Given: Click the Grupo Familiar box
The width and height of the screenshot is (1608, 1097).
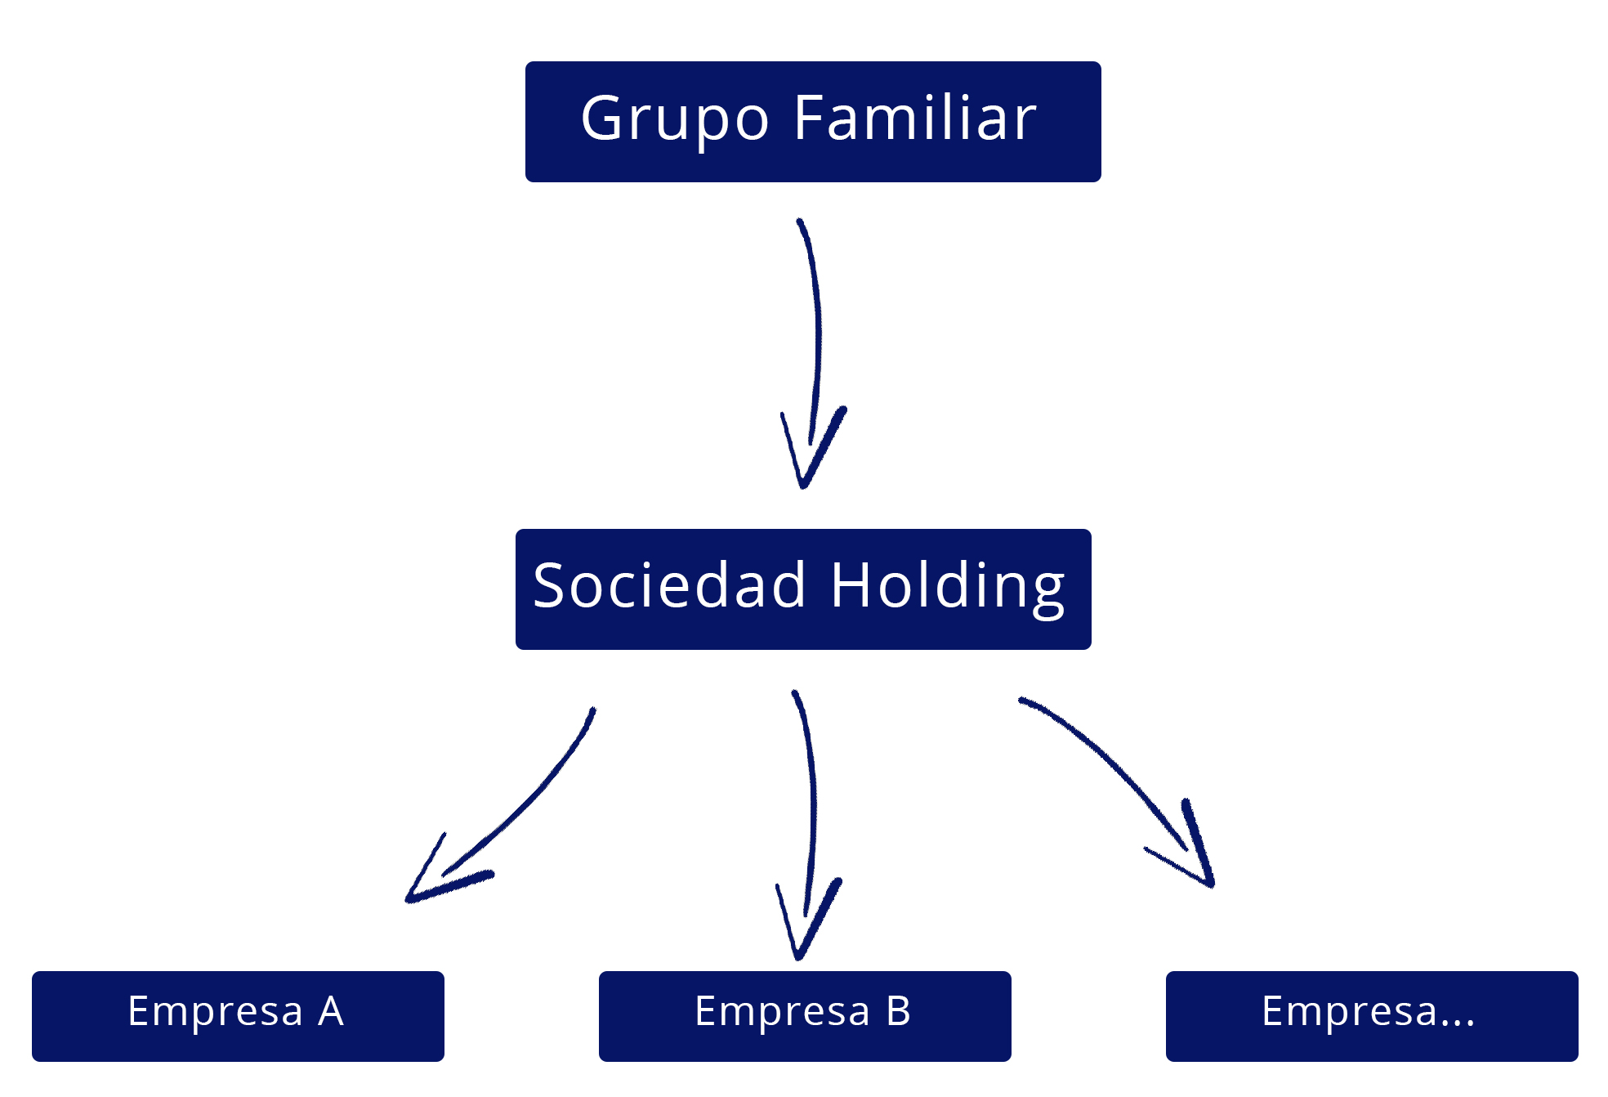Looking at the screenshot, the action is tap(813, 122).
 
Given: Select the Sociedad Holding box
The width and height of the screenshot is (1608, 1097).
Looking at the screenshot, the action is tap(803, 589).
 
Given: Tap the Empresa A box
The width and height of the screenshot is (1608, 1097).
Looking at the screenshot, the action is tap(238, 1016).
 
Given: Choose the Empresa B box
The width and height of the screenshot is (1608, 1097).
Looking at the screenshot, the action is tap(805, 1016).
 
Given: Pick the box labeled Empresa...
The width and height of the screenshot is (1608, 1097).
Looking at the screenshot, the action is tap(1372, 1016).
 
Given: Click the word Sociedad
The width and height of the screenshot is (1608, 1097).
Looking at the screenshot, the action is tap(669, 585).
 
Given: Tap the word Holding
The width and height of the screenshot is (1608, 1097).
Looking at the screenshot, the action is tap(948, 589).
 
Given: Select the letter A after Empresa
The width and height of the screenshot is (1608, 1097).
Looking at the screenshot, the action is tap(331, 1011).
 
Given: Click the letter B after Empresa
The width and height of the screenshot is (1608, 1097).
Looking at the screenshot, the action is tap(899, 1011).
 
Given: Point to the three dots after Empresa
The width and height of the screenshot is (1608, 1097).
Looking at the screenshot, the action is tap(1457, 1023).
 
